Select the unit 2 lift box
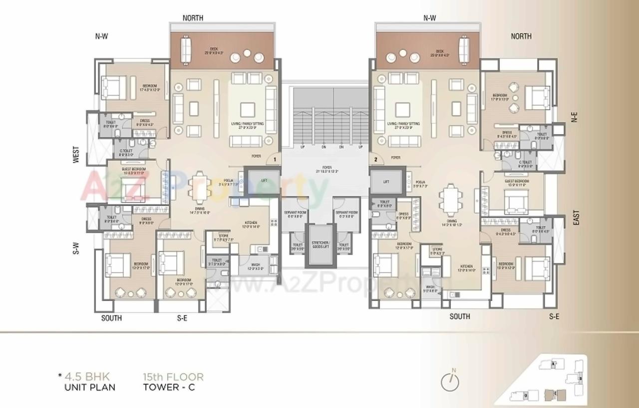click(x=386, y=181)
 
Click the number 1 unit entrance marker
click(x=274, y=160)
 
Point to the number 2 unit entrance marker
click(x=375, y=160)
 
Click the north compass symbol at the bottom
click(x=450, y=382)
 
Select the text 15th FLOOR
click(x=173, y=377)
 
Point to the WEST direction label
click(x=75, y=155)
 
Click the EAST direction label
click(x=576, y=217)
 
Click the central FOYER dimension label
click(x=326, y=169)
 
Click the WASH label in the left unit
click(x=256, y=265)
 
